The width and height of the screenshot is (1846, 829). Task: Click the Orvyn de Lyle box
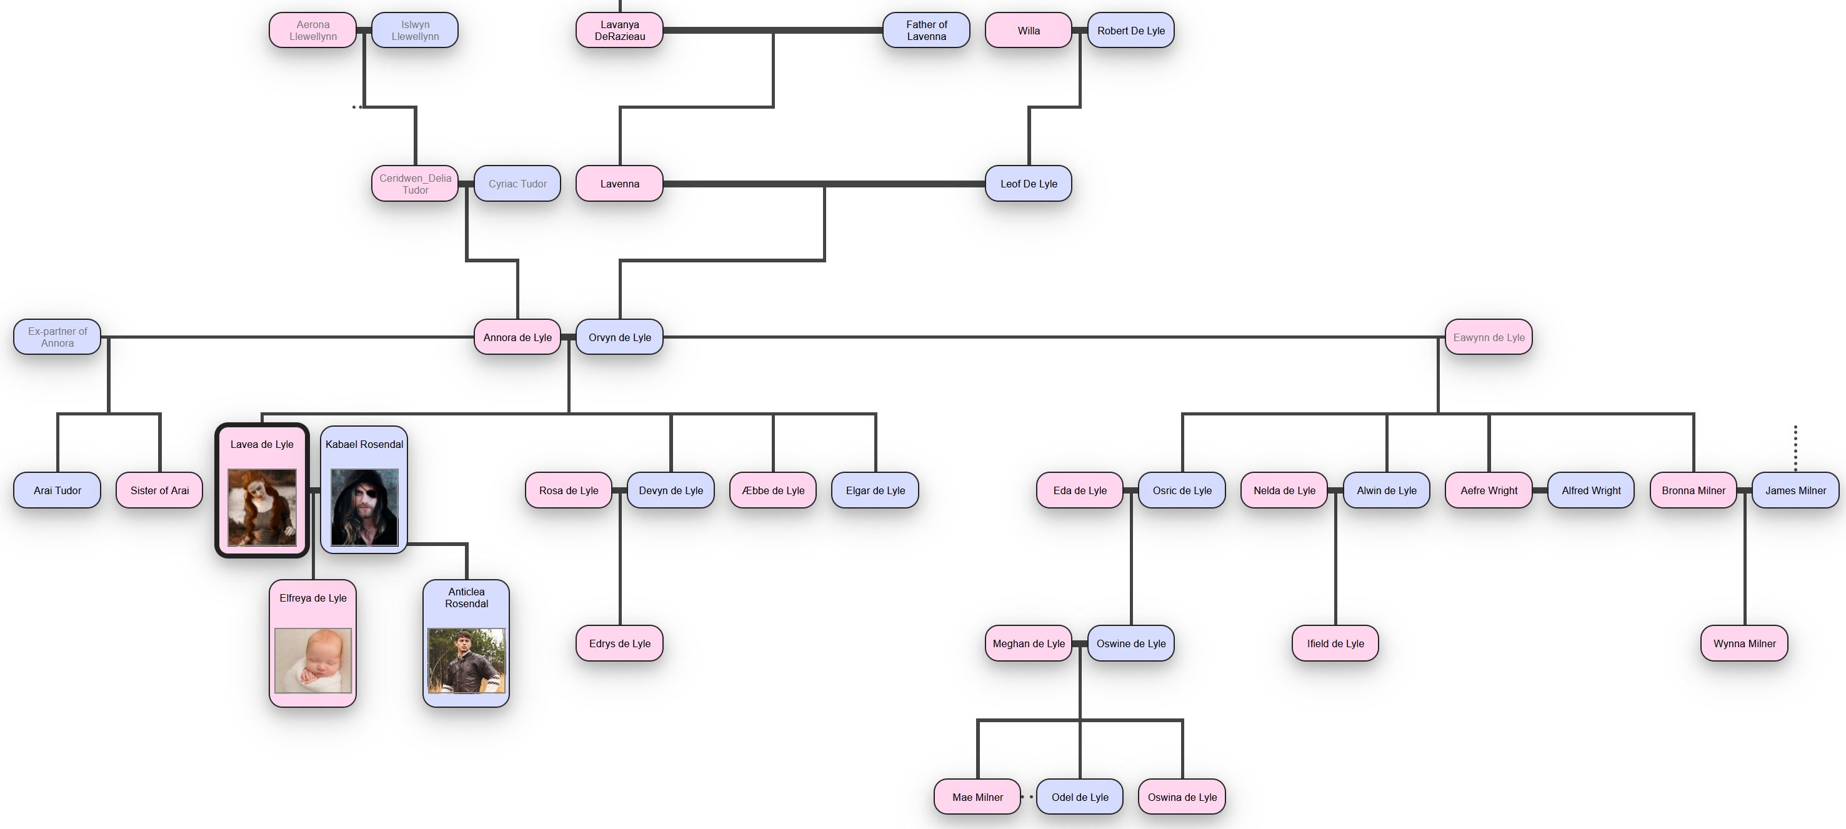(x=619, y=337)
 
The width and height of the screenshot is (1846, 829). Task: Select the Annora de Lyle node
(x=517, y=337)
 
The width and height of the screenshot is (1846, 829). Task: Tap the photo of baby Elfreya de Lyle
(x=313, y=660)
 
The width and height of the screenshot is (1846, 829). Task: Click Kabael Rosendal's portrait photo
(x=364, y=507)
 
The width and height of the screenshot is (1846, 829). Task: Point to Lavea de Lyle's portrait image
(x=262, y=507)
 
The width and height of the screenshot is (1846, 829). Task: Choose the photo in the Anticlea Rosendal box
(x=466, y=660)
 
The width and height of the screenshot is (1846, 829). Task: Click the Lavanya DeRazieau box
(x=619, y=30)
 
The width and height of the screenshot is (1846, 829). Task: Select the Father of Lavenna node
(x=926, y=30)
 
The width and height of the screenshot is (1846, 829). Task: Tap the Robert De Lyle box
(x=1130, y=30)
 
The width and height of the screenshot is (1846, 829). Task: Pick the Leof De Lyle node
(x=1029, y=184)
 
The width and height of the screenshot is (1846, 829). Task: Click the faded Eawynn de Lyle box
(x=1489, y=337)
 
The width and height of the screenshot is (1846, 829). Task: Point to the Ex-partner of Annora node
(x=57, y=337)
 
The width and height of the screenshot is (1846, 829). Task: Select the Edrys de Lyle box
(x=619, y=643)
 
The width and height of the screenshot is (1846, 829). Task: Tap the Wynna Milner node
(x=1744, y=643)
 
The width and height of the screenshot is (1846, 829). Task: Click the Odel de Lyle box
(x=1079, y=797)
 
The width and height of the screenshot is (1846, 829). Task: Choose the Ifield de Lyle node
(x=1335, y=643)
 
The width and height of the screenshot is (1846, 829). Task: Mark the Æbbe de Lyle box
(x=772, y=490)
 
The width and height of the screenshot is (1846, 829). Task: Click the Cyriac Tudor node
(x=517, y=184)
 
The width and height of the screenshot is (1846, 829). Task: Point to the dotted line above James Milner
(x=1795, y=449)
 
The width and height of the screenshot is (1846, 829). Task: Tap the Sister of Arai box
(x=159, y=490)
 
